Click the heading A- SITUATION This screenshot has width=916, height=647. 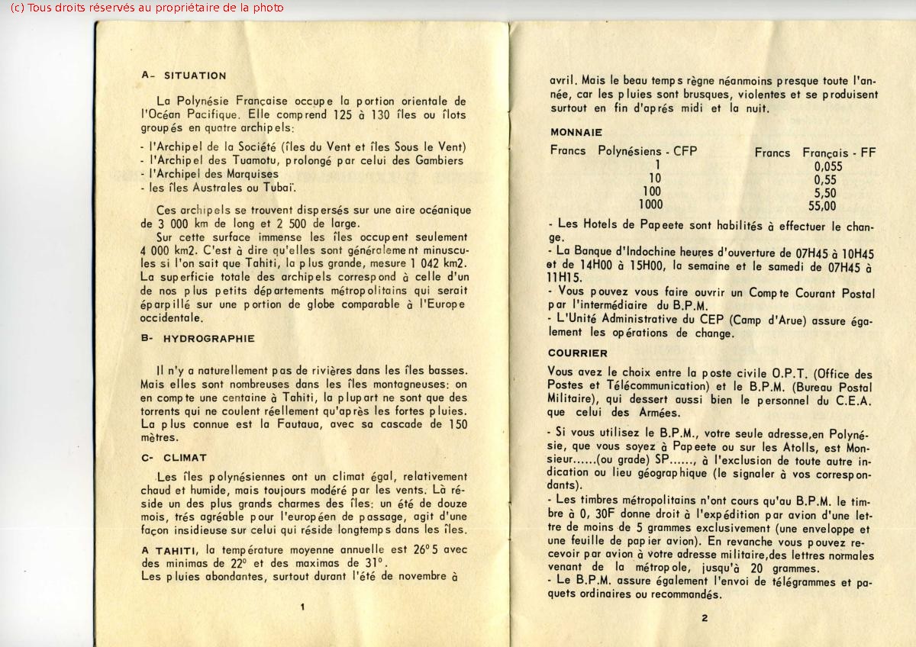click(x=184, y=76)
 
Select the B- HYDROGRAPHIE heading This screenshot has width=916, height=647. click(x=198, y=338)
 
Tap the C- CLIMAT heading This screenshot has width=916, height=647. click(x=174, y=458)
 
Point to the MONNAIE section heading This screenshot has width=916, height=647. click(x=576, y=132)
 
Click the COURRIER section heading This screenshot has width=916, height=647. click(x=578, y=353)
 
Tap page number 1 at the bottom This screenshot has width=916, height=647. click(x=303, y=607)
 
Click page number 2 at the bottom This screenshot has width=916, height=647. click(x=705, y=618)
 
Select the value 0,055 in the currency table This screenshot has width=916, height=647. click(x=827, y=166)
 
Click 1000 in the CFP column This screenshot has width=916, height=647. click(x=650, y=204)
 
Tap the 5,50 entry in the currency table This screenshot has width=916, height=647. click(x=825, y=192)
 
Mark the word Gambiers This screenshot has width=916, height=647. click(x=439, y=160)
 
